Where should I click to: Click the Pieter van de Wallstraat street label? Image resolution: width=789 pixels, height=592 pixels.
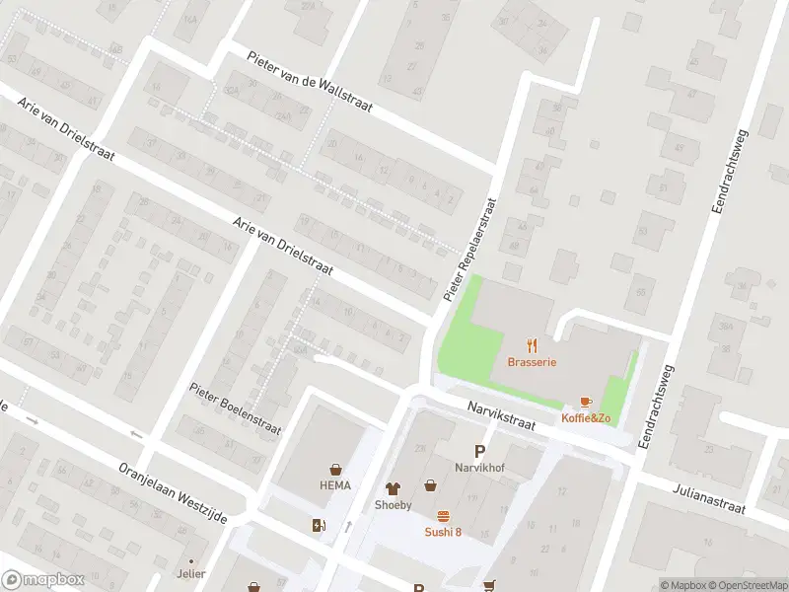click(310, 82)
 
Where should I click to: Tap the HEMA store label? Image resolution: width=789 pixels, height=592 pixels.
click(335, 485)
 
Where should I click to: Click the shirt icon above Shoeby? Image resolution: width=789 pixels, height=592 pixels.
click(393, 487)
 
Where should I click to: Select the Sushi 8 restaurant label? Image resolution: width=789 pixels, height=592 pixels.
click(443, 532)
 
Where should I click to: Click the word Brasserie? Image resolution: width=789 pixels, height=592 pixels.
click(532, 362)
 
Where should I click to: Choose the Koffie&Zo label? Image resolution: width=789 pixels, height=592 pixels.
click(586, 418)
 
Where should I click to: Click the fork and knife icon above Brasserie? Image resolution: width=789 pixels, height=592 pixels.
click(533, 344)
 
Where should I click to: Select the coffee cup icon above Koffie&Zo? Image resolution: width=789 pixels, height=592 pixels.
click(586, 402)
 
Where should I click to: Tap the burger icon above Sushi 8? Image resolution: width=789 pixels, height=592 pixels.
click(443, 515)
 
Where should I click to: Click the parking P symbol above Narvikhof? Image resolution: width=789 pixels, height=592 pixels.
click(479, 450)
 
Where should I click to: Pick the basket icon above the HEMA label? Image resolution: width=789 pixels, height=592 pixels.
click(335, 469)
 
